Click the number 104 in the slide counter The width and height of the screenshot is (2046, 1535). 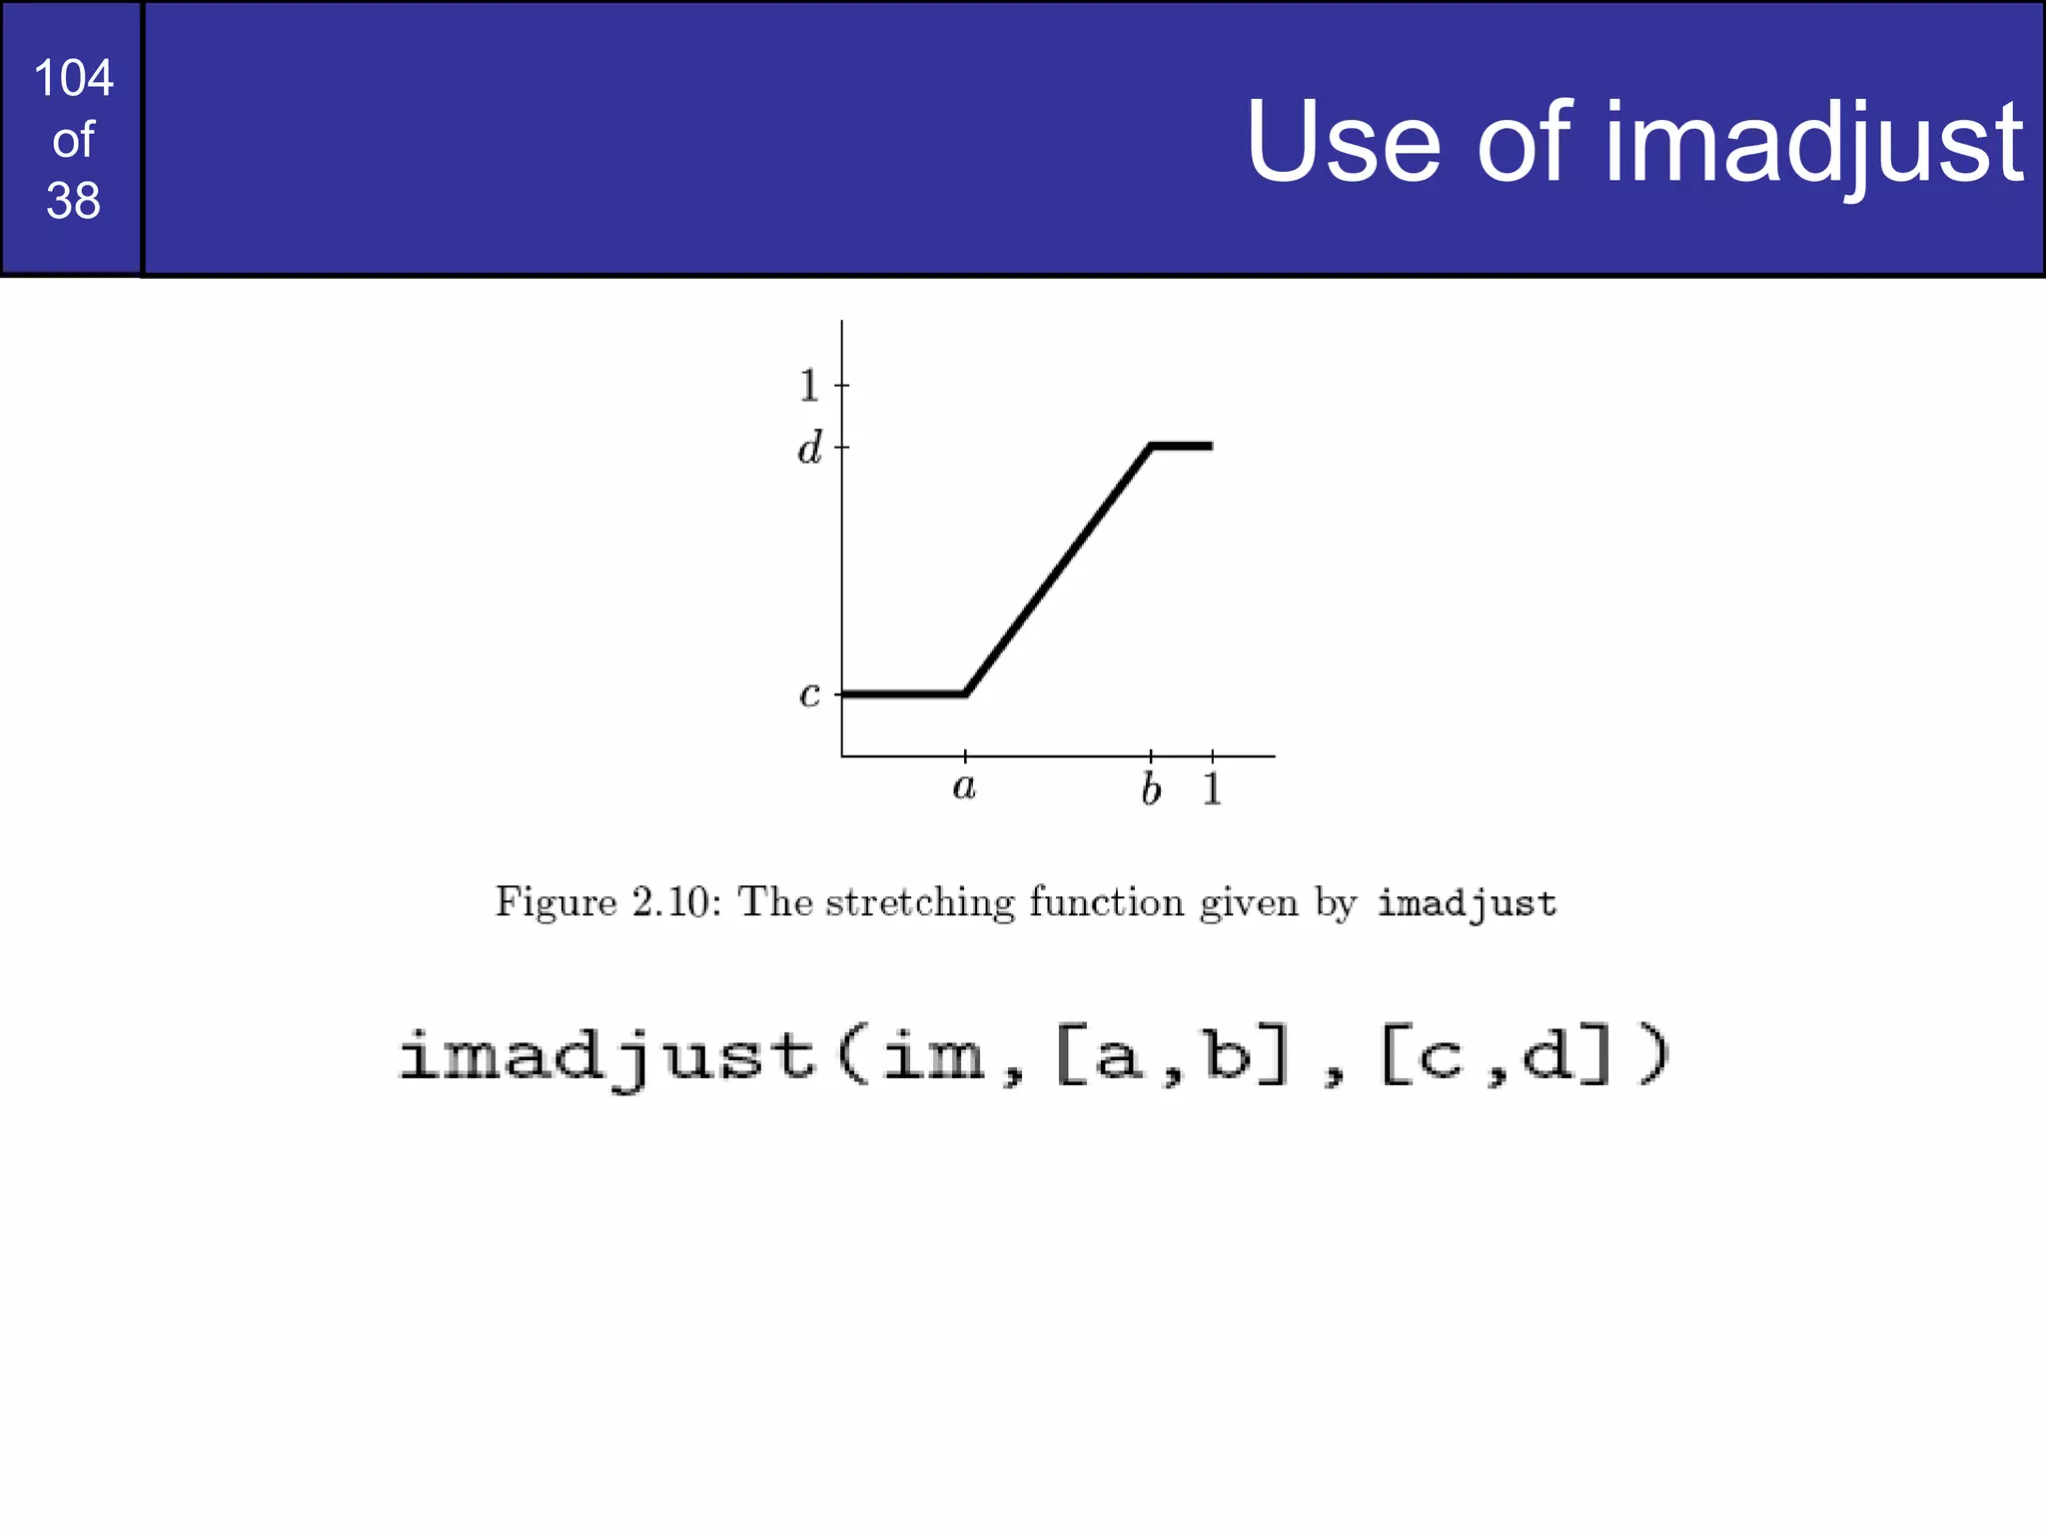tap(73, 78)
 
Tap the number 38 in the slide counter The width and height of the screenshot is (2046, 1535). tap(73, 201)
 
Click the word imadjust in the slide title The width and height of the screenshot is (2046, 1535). tap(1813, 143)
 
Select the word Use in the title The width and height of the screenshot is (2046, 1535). tap(1343, 143)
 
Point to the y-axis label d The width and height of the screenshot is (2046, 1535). tap(809, 448)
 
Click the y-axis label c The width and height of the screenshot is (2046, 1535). tap(809, 694)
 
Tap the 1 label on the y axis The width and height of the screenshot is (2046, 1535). tap(809, 386)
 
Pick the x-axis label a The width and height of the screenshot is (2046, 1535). tap(963, 787)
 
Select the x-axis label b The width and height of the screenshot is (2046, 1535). tap(1151, 789)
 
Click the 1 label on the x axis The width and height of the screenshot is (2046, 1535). tap(1212, 789)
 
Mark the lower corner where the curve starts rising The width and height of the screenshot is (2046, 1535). tap(966, 693)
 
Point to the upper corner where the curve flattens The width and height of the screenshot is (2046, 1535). tap(1152, 447)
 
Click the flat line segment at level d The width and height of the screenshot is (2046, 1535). tap(1183, 446)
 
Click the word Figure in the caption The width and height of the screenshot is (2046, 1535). tap(556, 902)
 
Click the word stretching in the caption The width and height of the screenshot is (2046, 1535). tap(920, 902)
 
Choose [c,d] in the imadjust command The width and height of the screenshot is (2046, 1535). tap(1496, 1056)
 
